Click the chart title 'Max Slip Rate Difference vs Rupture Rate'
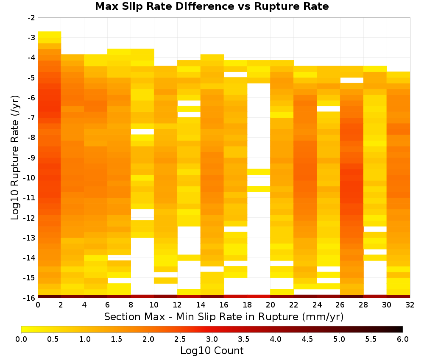[x=212, y=6]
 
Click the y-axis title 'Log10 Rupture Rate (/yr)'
[x=15, y=158]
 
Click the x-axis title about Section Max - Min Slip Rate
[x=223, y=317]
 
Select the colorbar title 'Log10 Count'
[x=212, y=351]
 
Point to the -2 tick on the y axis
[x=31, y=18]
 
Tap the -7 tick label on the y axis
[x=31, y=118]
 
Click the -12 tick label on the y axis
[x=30, y=218]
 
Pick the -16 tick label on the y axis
[x=30, y=298]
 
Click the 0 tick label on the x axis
[x=38, y=305]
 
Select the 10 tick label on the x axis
[x=154, y=305]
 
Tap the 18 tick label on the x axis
[x=247, y=305]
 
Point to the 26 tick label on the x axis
[x=340, y=305]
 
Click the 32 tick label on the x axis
[x=410, y=305]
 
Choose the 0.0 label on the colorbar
[x=21, y=339]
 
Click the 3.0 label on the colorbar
[x=212, y=339]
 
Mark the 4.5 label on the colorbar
[x=307, y=339]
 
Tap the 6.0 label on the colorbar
[x=403, y=339]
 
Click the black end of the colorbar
[x=401, y=329]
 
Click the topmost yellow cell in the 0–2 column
[x=50, y=35]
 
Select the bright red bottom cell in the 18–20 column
[x=259, y=296]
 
